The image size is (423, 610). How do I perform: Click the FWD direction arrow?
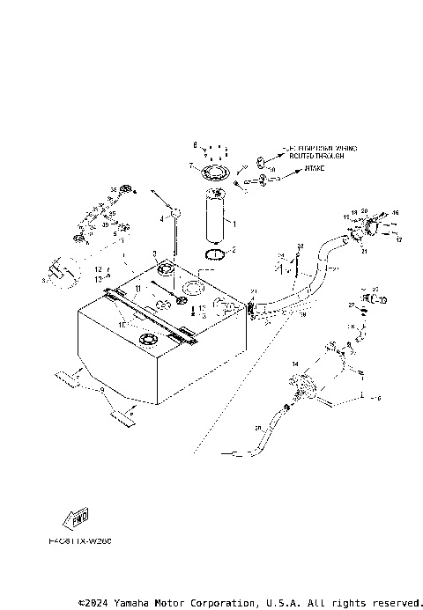pyautogui.click(x=78, y=518)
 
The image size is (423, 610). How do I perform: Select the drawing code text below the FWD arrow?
pyautogui.click(x=81, y=540)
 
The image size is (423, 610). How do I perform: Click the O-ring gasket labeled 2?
pyautogui.click(x=214, y=255)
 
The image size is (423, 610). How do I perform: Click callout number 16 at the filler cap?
pyautogui.click(x=396, y=213)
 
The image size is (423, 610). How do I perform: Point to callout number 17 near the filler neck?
pyautogui.click(x=398, y=239)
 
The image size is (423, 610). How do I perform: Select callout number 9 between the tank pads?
pyautogui.click(x=102, y=386)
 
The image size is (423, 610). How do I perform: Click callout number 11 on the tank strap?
pyautogui.click(x=137, y=287)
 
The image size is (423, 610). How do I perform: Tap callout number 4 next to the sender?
pyautogui.click(x=162, y=217)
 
